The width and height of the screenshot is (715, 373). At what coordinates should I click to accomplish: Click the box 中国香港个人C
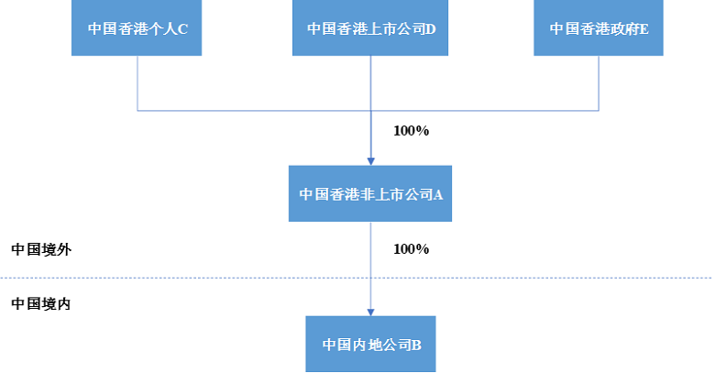[137, 28]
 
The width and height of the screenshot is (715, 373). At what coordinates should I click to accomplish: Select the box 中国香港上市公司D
[370, 28]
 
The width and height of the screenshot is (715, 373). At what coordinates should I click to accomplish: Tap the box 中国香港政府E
[599, 28]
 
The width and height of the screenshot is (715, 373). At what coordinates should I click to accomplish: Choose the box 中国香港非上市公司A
[370, 193]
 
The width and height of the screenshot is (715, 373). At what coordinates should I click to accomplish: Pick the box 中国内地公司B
[370, 345]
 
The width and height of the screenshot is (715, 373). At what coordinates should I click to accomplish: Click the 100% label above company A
[411, 130]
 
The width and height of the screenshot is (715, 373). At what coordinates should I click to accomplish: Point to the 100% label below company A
[411, 249]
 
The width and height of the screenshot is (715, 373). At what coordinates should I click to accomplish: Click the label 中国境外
[40, 249]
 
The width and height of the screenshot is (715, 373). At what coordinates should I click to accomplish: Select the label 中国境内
[40, 303]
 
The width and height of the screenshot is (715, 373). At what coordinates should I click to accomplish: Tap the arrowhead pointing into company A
[370, 160]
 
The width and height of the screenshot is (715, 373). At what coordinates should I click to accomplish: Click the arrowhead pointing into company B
[370, 311]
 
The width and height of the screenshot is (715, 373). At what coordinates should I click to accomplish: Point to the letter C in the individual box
[183, 28]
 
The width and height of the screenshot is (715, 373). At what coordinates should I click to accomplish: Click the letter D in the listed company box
[430, 28]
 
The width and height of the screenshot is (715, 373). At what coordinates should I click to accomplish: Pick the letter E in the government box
[644, 28]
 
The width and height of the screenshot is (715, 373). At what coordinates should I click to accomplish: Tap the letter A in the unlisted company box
[438, 194]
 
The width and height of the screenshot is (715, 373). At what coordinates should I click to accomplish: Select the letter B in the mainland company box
[416, 346]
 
